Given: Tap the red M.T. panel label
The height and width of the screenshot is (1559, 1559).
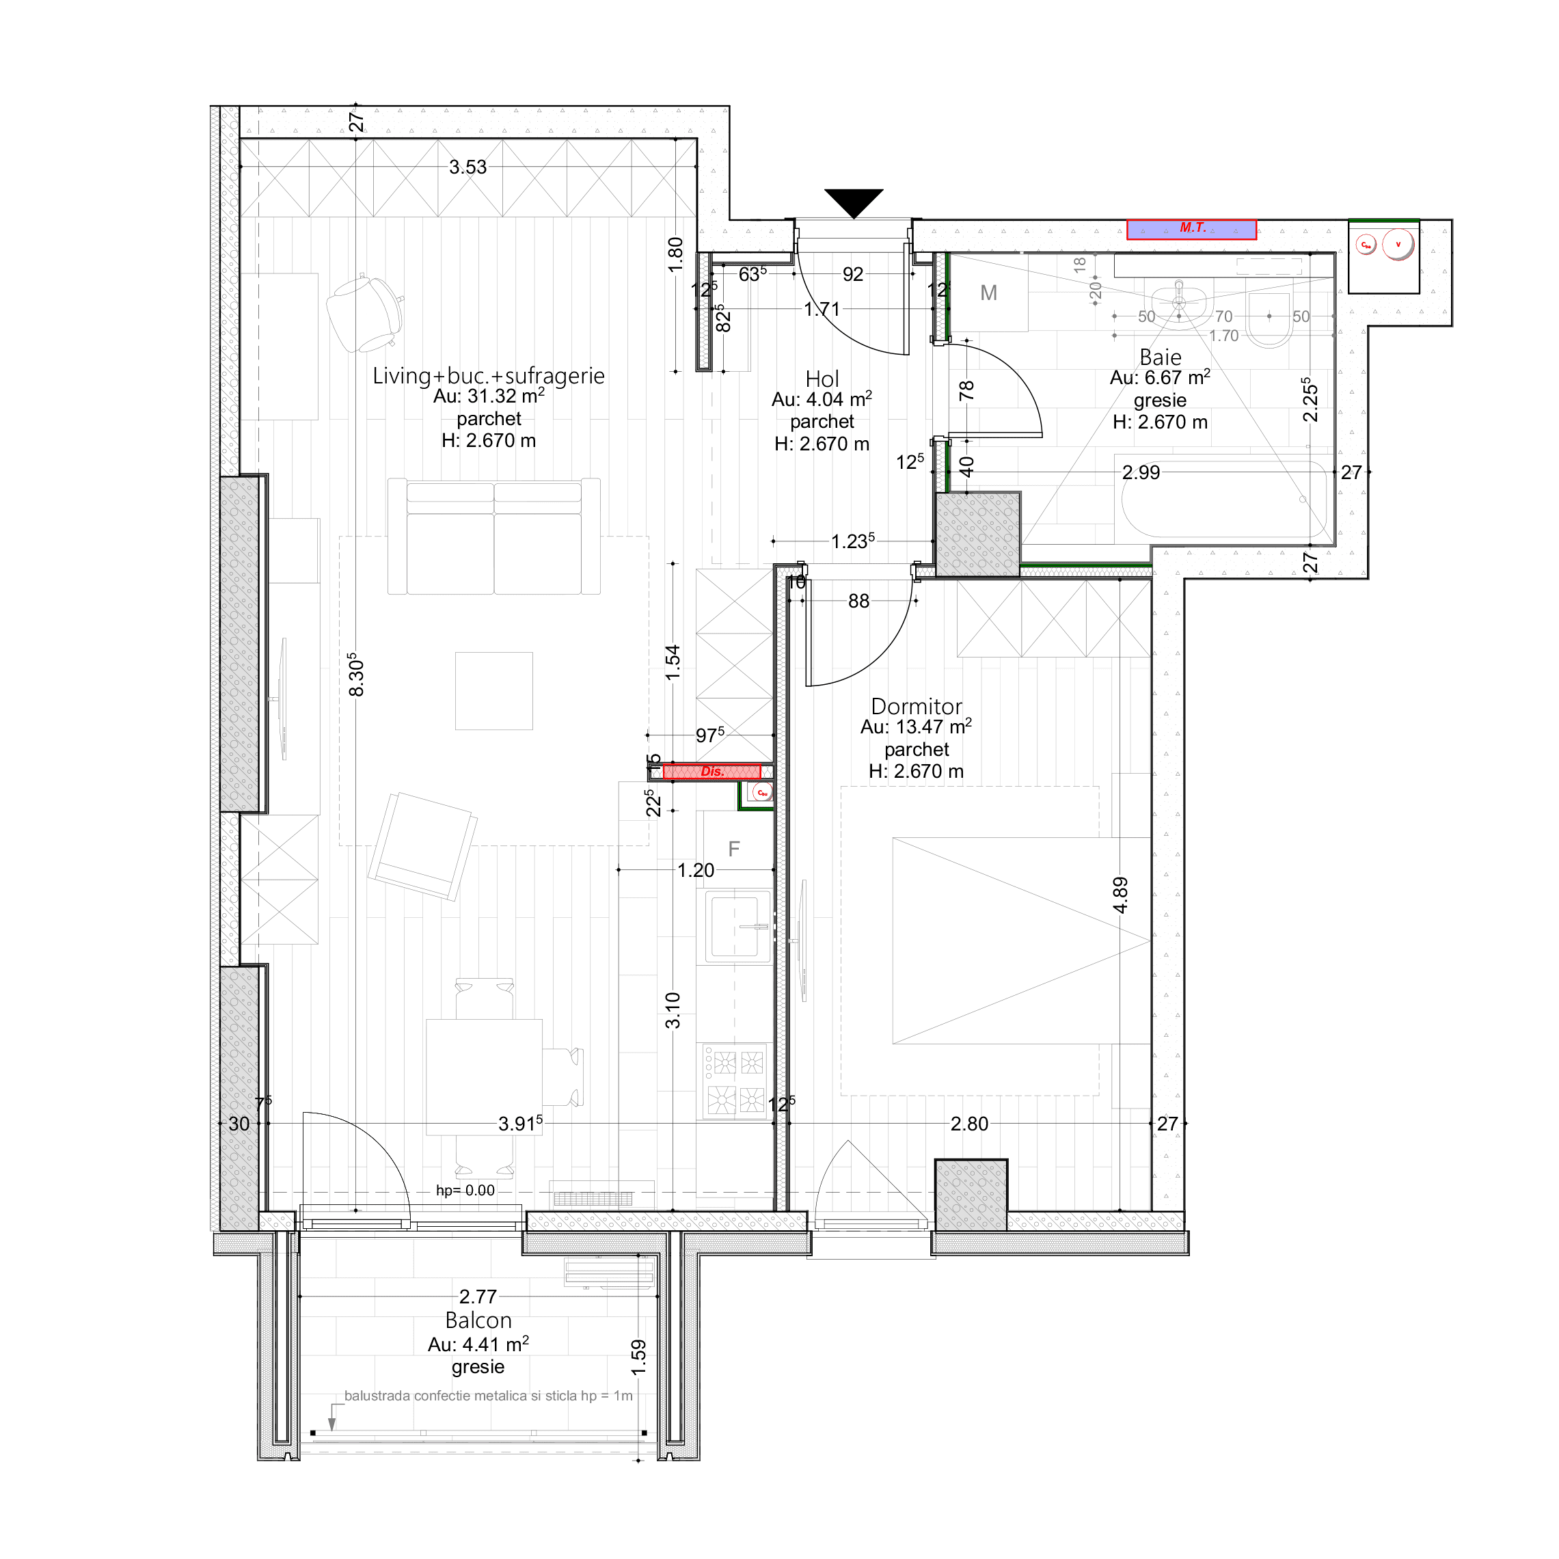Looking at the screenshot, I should click(1192, 229).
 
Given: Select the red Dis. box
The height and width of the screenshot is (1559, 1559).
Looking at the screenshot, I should click(711, 772).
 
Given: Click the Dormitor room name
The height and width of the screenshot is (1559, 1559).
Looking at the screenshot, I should click(916, 706).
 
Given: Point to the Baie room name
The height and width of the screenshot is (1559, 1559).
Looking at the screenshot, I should click(1160, 357).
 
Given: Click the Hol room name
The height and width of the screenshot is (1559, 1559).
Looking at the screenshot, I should click(822, 379).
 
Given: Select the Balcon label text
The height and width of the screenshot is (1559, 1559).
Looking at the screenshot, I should click(478, 1320).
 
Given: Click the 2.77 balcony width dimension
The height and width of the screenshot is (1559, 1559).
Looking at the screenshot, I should click(478, 1296).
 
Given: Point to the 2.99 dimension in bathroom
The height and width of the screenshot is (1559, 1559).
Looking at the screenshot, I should click(1140, 472).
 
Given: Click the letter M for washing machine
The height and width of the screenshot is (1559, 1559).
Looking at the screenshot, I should click(988, 293).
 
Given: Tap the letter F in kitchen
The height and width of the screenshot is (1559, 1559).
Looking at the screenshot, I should click(733, 848).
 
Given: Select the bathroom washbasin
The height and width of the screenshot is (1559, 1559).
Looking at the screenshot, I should click(1179, 303).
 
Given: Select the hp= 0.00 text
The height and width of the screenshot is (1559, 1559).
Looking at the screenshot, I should click(465, 1190).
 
